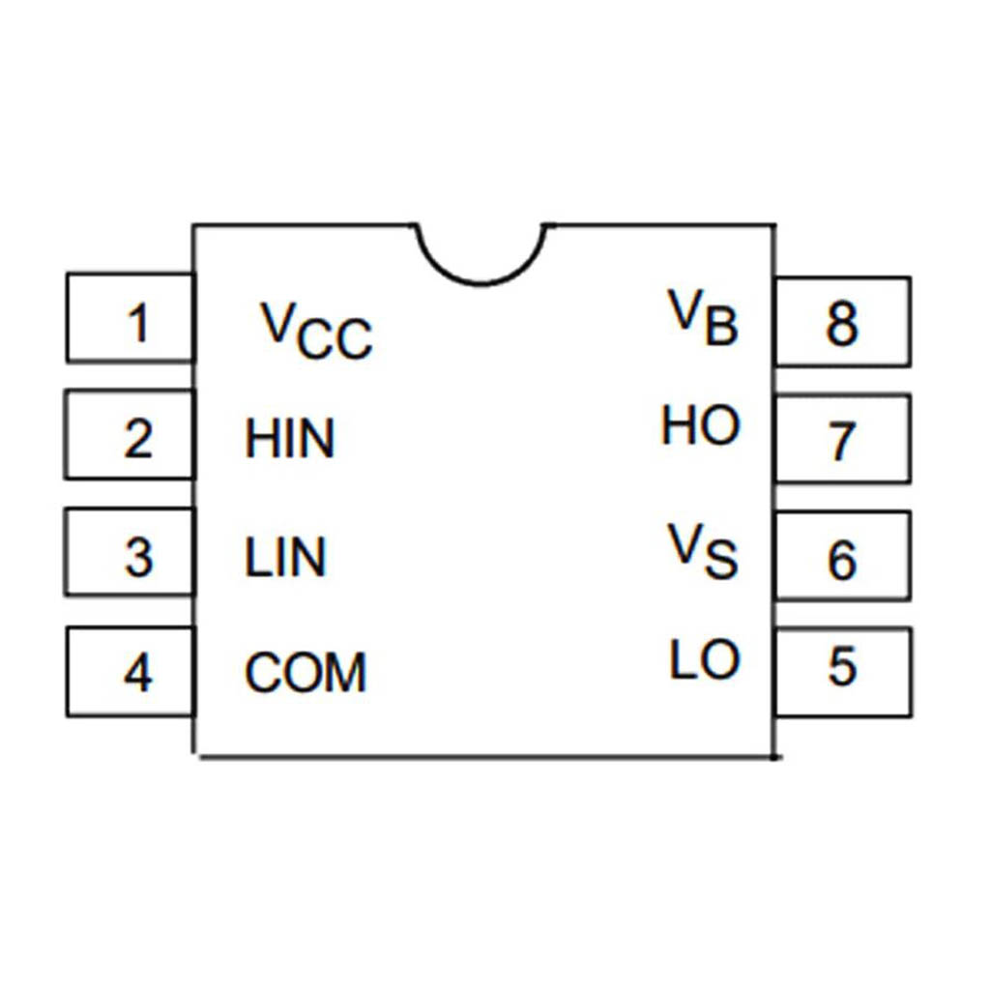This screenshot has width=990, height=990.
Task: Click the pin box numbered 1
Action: [131, 318]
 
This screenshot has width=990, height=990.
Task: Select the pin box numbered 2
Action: [131, 435]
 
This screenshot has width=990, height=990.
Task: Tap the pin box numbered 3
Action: [131, 553]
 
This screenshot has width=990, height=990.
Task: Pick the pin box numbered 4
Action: [131, 672]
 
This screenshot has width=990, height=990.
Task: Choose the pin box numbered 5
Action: [842, 669]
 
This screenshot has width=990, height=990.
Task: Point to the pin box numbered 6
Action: [842, 554]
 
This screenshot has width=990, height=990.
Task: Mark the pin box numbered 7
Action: [842, 438]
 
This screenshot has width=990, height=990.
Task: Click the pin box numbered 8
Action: [842, 322]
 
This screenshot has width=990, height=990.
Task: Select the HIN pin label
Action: [289, 439]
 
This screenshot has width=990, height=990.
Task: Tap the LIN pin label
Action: [285, 558]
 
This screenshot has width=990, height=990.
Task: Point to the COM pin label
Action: [306, 674]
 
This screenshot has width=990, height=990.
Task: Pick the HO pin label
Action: [701, 426]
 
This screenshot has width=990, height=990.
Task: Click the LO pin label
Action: [705, 660]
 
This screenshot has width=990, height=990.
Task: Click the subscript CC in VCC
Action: [335, 341]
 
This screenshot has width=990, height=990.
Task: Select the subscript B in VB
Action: [721, 329]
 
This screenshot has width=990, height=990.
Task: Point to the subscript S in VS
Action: [721, 562]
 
